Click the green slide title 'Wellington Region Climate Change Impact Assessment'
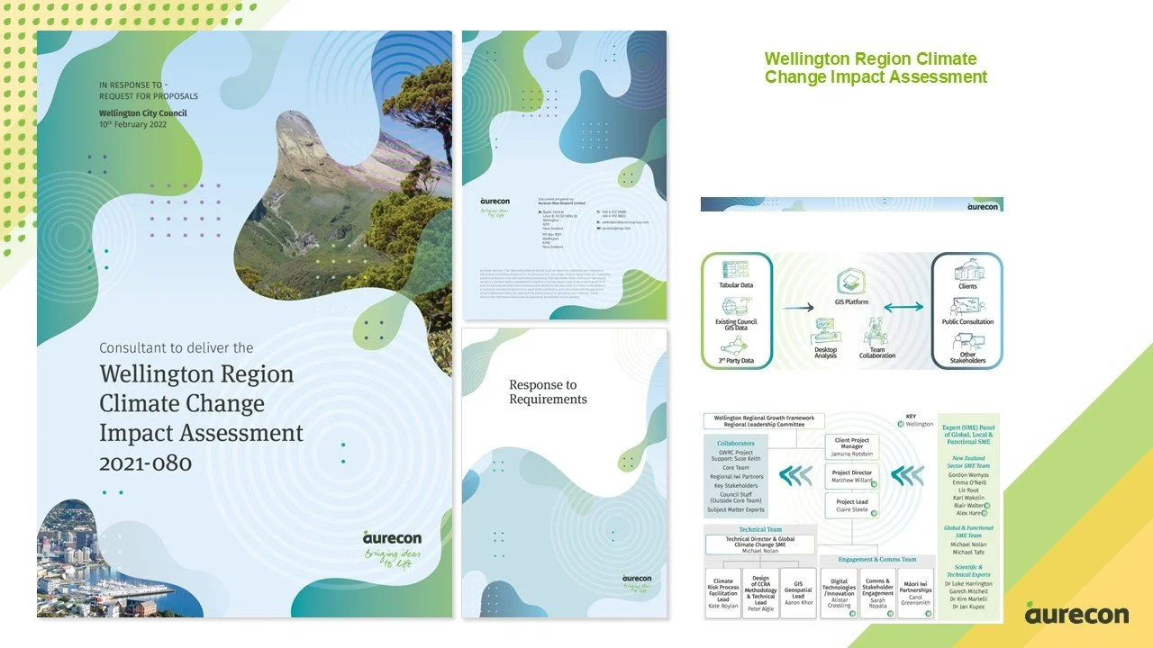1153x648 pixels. coord(876,68)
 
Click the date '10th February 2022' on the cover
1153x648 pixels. coord(133,124)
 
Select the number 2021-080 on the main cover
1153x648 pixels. coord(146,463)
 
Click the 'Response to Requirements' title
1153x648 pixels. coord(548,391)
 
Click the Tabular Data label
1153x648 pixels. coord(736,285)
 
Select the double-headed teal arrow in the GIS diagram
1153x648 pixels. coord(903,307)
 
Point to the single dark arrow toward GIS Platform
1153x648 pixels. coord(797,307)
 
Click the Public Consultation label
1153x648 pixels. coord(967,321)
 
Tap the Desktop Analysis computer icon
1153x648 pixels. coord(826,330)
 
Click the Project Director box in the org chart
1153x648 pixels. coord(851,477)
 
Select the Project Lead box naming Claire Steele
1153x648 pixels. coord(851,506)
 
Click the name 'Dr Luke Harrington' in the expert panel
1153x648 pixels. coord(968,583)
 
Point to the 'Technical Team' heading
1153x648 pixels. coord(759,530)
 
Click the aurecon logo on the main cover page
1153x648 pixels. coord(392,537)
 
